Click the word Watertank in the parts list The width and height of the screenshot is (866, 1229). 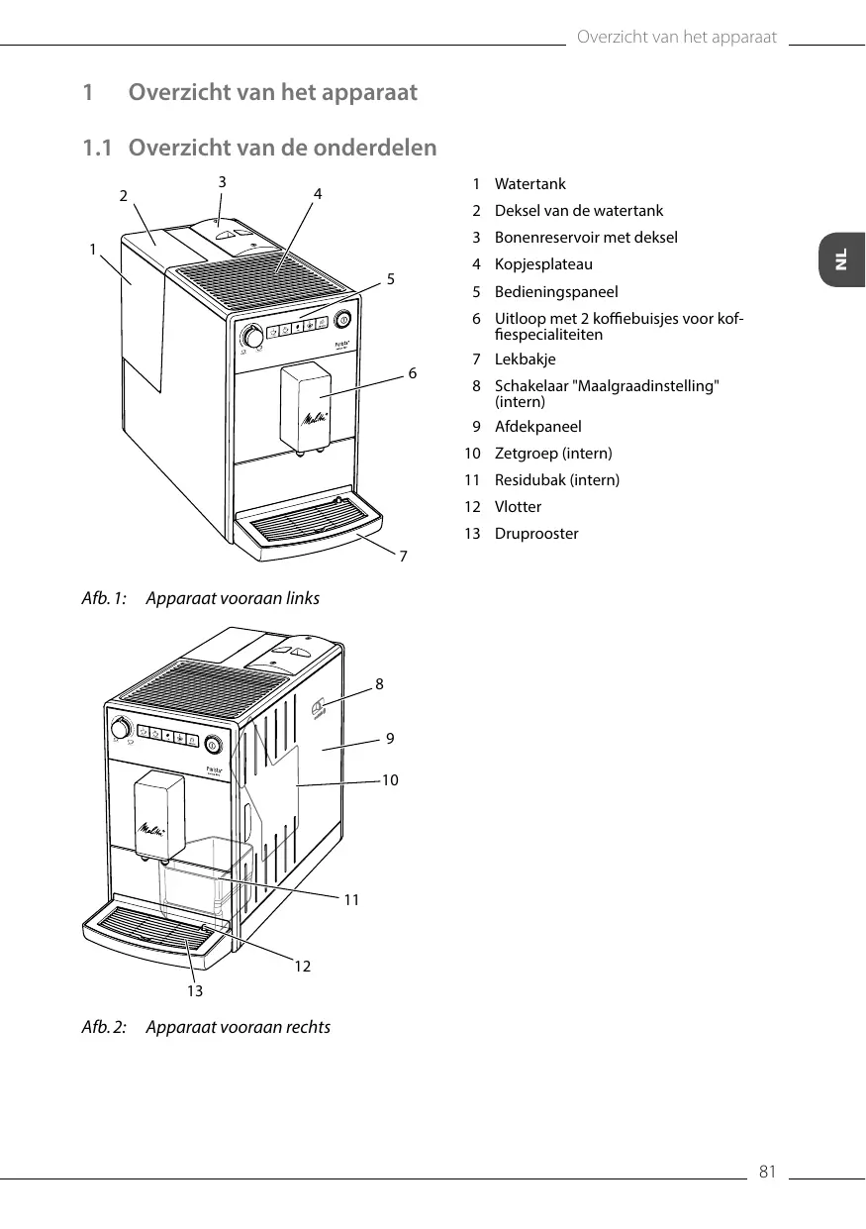(x=529, y=184)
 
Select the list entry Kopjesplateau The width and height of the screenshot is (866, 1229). (x=543, y=264)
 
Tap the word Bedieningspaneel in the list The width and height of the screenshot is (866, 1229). (x=556, y=292)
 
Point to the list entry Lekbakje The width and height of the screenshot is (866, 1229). (x=525, y=359)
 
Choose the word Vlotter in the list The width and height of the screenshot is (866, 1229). (x=518, y=507)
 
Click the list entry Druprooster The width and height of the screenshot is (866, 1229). (x=536, y=534)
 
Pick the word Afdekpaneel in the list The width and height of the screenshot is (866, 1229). (x=537, y=427)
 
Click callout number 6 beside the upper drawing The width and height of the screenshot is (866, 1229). (x=413, y=373)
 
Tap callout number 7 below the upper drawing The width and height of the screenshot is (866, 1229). (x=403, y=557)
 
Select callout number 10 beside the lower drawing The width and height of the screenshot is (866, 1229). (x=390, y=780)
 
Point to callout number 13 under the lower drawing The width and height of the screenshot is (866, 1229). (x=194, y=990)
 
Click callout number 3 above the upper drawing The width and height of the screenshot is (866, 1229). (x=223, y=182)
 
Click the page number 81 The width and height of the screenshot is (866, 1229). (x=767, y=1173)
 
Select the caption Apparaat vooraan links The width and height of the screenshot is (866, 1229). (x=233, y=599)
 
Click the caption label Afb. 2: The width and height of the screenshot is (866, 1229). (x=104, y=1027)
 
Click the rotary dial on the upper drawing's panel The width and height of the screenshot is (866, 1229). (x=254, y=338)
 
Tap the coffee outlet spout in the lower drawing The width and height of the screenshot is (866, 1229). (x=160, y=816)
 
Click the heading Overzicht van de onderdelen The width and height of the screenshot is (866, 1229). (x=282, y=149)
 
